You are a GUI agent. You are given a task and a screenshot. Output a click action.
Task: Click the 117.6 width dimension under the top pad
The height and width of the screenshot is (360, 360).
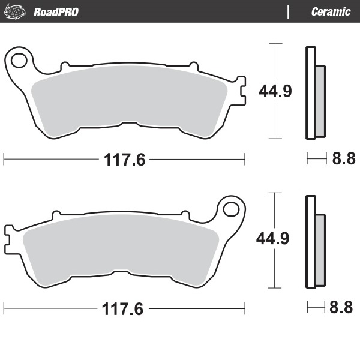(x=125, y=160)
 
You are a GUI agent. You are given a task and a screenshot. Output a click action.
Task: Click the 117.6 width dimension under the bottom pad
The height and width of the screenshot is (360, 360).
(x=123, y=310)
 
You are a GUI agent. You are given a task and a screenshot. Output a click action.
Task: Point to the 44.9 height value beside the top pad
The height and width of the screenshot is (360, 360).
(x=275, y=91)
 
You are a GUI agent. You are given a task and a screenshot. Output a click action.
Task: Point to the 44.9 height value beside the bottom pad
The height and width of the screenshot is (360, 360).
(x=274, y=239)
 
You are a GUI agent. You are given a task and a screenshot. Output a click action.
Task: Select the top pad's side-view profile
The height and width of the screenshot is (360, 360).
(x=314, y=93)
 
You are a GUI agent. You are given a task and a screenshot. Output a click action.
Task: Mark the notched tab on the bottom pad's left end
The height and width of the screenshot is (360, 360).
(x=8, y=236)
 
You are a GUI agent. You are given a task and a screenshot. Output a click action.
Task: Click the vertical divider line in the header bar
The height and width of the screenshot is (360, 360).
(x=289, y=11)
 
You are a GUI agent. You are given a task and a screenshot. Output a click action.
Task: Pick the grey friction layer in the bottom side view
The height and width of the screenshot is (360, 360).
(x=320, y=250)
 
